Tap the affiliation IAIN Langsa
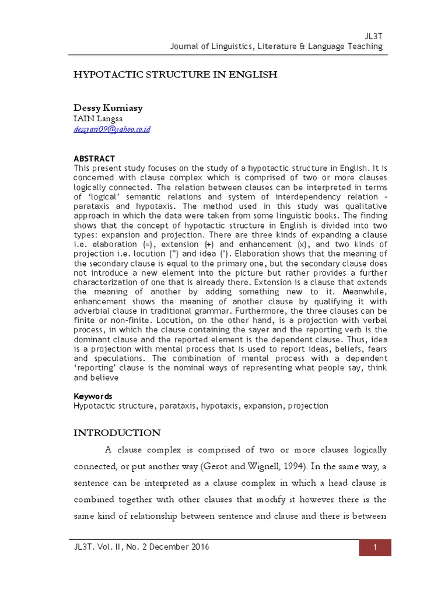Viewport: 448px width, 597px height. point(98,119)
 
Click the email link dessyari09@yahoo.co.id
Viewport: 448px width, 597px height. point(112,129)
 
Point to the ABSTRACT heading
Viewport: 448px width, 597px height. point(94,159)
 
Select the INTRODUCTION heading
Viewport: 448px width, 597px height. point(117,433)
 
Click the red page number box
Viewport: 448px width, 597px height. point(374,547)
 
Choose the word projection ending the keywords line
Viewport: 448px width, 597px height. point(307,405)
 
